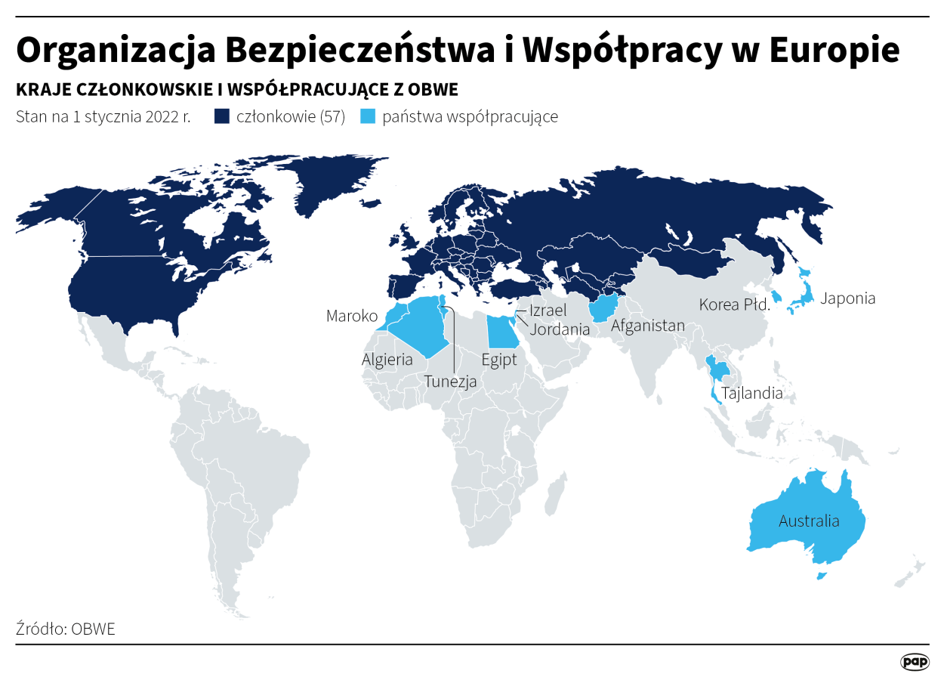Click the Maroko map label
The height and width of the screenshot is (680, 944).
point(351,316)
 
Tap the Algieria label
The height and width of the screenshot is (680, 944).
point(387,360)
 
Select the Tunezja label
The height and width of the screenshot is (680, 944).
point(450,382)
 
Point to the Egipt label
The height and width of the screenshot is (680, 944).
point(499,360)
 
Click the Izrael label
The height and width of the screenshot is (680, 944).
point(548,311)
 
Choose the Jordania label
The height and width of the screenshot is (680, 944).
point(560,329)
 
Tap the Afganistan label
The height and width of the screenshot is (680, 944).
point(648,326)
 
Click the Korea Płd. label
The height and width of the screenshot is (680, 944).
point(733,305)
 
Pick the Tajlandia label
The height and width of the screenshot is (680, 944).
point(752,394)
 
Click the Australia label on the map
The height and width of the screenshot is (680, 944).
point(809,521)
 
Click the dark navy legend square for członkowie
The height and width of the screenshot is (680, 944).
point(222,117)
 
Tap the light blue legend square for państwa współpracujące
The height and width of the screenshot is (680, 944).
point(367,117)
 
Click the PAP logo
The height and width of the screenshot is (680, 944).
point(915,662)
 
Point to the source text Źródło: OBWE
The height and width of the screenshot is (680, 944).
point(66,629)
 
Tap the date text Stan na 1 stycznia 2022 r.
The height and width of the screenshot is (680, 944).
point(103,117)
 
